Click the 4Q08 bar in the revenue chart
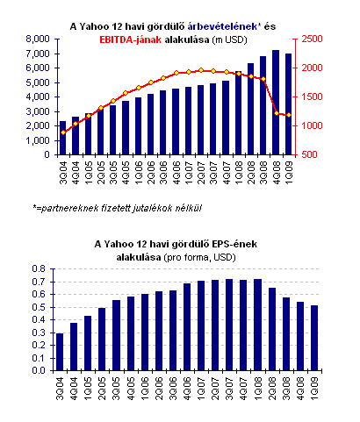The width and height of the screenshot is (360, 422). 276,103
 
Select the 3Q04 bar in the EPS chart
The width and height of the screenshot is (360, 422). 60,352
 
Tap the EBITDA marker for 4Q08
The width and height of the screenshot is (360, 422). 277,113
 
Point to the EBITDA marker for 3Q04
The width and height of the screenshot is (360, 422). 63,132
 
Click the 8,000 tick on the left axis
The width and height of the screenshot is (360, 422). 38,39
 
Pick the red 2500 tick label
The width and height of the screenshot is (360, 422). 312,39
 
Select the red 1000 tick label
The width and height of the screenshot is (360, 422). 312,125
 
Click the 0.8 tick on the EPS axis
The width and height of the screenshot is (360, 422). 39,268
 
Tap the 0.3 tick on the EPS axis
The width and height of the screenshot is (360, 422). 39,333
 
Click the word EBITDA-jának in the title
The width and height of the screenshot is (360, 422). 130,39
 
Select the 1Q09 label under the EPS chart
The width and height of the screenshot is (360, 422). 314,389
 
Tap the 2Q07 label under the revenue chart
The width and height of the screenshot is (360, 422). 201,173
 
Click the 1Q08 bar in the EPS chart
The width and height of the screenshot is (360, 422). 257,325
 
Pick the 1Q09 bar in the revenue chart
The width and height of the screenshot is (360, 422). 288,104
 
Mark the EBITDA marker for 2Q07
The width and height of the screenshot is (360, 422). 201,70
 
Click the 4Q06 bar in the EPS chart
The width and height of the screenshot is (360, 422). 187,327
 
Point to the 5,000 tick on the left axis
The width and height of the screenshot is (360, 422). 38,82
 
